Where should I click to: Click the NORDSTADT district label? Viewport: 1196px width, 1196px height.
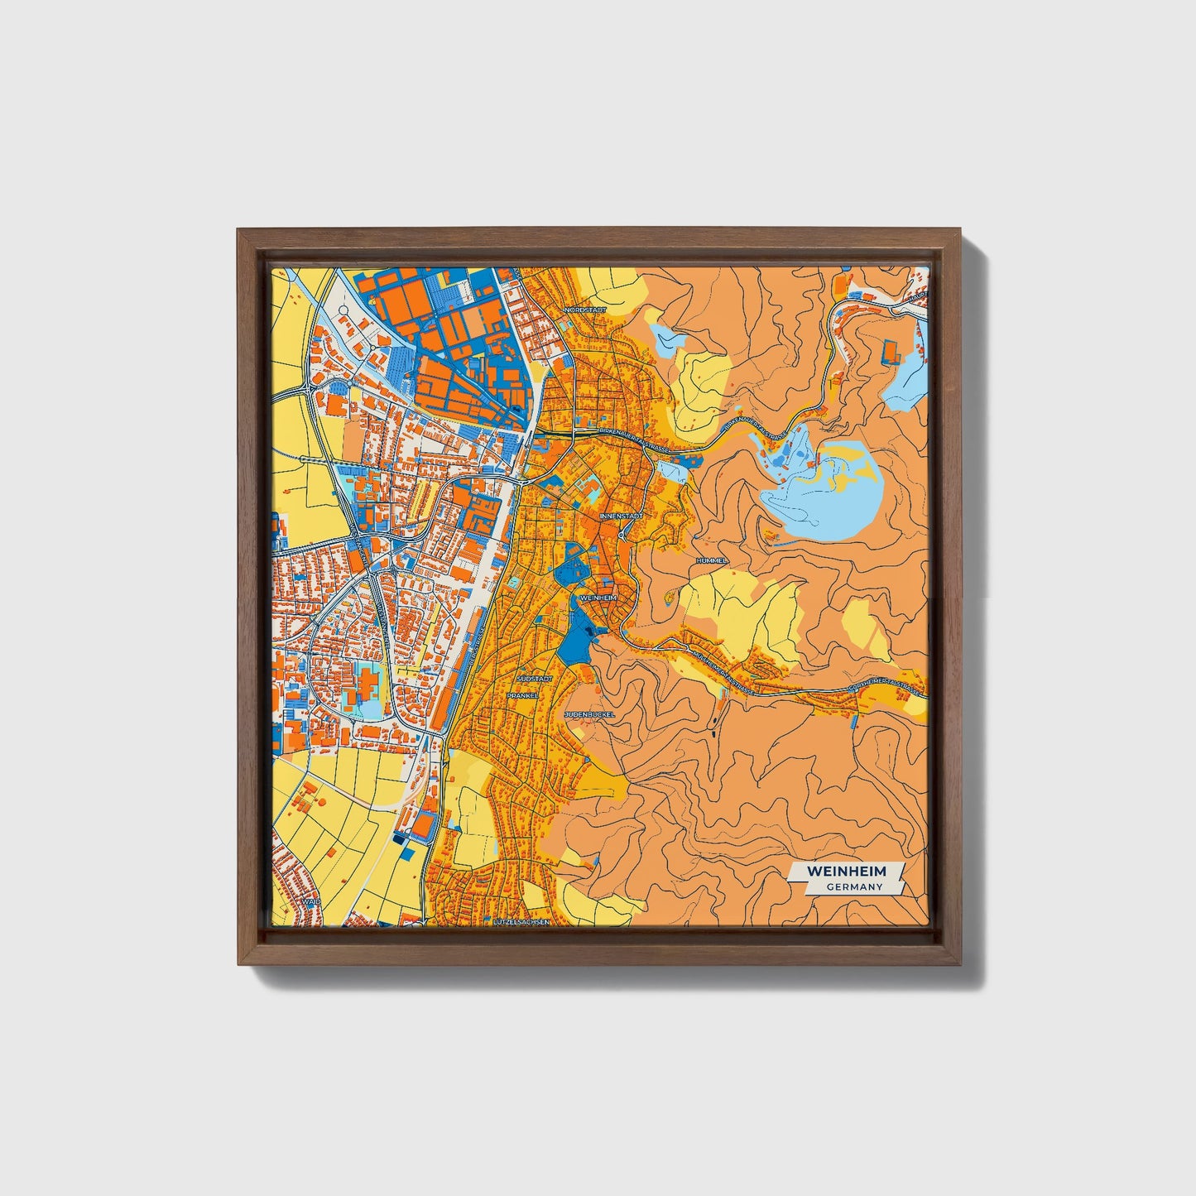(585, 310)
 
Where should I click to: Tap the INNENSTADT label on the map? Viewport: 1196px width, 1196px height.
(621, 516)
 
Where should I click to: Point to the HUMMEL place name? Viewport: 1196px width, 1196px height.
(712, 560)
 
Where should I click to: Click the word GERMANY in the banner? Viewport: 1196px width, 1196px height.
(853, 886)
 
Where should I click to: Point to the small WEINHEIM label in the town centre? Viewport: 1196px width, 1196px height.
(600, 597)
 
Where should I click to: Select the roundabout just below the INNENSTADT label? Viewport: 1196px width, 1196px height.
(621, 535)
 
